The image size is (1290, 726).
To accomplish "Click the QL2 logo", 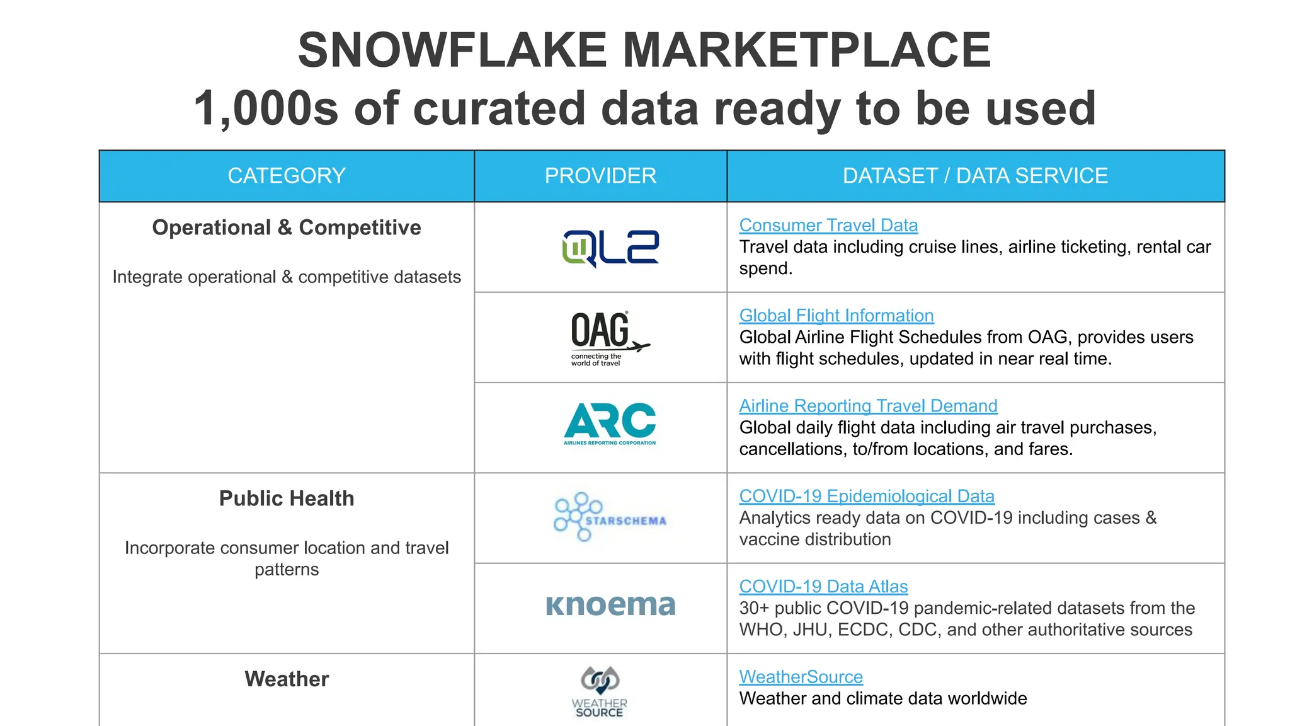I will [x=610, y=248].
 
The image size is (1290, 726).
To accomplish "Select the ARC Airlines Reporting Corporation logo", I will [x=610, y=424].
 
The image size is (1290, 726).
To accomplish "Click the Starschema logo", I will [x=609, y=517].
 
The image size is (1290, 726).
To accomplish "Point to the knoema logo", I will [x=610, y=605].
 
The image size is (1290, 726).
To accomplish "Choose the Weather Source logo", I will [x=600, y=692].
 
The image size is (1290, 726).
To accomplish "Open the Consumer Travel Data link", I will [x=828, y=225].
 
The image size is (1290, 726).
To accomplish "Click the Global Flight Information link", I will [x=836, y=315].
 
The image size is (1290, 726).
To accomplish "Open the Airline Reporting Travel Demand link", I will [x=868, y=406].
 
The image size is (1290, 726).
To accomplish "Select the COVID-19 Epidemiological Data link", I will [x=866, y=496].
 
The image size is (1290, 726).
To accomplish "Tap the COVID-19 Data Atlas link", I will [x=823, y=586].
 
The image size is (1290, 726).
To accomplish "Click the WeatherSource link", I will [x=801, y=677].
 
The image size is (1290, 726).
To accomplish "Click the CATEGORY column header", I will [x=287, y=176].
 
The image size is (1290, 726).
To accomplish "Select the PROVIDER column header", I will [x=600, y=176].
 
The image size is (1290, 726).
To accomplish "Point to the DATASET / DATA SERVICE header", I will [x=975, y=176].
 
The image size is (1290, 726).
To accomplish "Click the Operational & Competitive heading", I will [x=287, y=228].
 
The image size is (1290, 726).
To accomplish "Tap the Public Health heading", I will [x=287, y=498].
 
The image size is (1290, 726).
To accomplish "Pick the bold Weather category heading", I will [x=287, y=679].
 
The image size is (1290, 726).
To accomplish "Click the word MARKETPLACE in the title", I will [x=806, y=50].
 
